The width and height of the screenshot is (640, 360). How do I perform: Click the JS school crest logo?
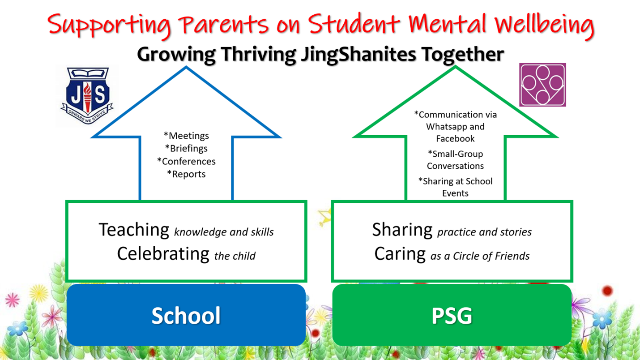coord(87,95)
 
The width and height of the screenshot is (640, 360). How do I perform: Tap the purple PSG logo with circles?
coord(542,85)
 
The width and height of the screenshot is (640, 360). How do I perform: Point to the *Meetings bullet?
coord(186,136)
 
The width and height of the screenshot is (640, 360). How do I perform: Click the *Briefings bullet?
coord(186,149)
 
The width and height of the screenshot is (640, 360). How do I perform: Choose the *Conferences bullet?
coord(186,162)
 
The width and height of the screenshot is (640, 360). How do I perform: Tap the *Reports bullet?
coord(186,174)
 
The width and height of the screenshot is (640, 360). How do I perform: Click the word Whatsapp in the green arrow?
coord(445,127)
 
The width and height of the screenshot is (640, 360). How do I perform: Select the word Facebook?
coord(455,139)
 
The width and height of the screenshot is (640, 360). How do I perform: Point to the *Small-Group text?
coord(456,154)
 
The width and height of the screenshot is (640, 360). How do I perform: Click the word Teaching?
coord(134,230)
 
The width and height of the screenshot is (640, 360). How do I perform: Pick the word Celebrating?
coord(163,254)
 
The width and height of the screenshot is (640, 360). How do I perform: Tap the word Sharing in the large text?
coord(402,230)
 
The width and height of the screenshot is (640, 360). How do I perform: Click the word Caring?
coord(400,254)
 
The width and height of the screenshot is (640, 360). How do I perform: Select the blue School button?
coord(186,315)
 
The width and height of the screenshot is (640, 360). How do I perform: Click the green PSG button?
coord(452,315)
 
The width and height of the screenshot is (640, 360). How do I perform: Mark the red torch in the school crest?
coord(87,97)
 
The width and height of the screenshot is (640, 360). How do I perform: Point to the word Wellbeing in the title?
coord(544,25)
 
